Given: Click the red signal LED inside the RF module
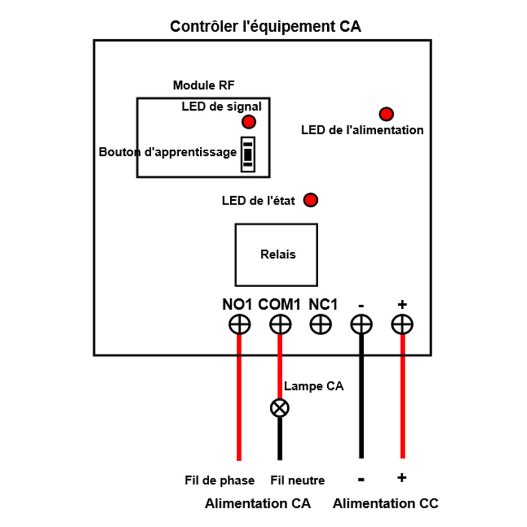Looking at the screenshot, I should pos(248,122).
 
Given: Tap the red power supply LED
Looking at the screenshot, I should pos(386,114).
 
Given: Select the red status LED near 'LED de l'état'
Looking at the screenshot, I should pos(311,200).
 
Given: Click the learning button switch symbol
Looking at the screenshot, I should pos(248,154).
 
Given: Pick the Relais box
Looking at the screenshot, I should pos(276,255).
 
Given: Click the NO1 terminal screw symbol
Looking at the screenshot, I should pos(239,325).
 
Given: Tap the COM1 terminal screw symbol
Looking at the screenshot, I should pos(280,325).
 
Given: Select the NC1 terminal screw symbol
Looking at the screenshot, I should pos(320,325).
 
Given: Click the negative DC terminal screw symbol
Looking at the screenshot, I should pos(362,325).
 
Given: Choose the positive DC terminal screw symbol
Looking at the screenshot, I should pos(402,325).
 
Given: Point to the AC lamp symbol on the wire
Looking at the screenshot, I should pos(280,408).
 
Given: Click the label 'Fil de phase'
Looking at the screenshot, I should pos(220,481).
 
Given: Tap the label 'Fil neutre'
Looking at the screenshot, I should pos(298,481).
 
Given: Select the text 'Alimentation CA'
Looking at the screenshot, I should pos(258,504).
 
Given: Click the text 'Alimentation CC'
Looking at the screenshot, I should pos(385,504).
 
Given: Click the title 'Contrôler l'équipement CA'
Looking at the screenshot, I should pos(266,27).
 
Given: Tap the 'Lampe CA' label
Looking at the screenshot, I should pos(314,386).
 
